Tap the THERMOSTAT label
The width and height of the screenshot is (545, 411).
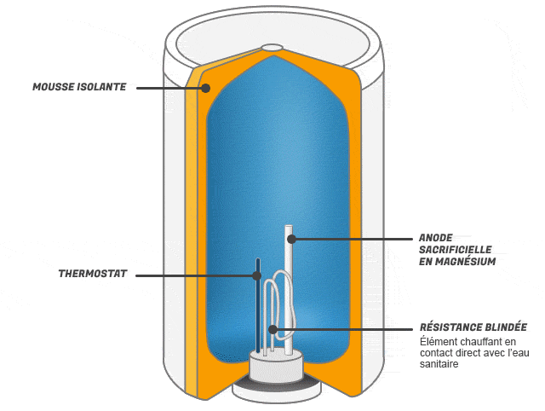[x=93, y=275]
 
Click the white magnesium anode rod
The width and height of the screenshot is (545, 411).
[x=289, y=256]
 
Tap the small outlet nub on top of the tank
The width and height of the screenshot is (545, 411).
[x=272, y=49]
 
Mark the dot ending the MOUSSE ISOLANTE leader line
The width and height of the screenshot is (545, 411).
[x=204, y=87]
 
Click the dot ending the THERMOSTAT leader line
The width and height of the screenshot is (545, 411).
[x=256, y=275]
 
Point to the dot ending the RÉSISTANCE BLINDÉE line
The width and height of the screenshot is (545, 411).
[x=272, y=328]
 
